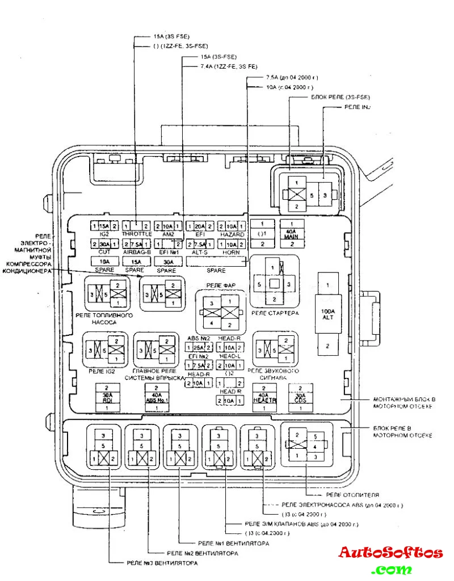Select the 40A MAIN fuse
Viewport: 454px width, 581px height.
[x=291, y=234]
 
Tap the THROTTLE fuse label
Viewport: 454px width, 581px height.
[x=136, y=234]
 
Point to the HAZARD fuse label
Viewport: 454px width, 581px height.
[x=232, y=234]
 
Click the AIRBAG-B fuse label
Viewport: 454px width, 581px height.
[x=136, y=252]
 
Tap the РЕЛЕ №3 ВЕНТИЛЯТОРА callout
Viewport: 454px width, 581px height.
[x=162, y=563]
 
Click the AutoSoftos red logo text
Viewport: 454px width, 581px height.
[x=390, y=553]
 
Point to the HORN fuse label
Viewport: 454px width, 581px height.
[x=232, y=252]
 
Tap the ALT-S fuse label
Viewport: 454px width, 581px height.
[x=199, y=252]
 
